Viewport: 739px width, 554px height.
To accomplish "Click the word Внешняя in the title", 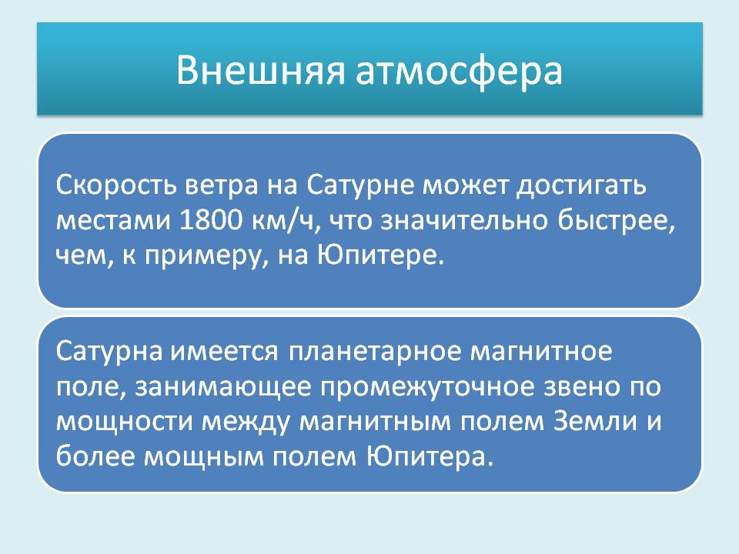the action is pos(261,70).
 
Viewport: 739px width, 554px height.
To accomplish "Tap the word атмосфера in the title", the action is pos(459,71).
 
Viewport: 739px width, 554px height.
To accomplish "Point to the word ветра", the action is pos(221,186).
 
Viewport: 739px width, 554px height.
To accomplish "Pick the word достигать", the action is pos(582,186).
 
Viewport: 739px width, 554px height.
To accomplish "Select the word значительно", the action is pos(463,221).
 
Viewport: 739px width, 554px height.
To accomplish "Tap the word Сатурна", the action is pos(109,351).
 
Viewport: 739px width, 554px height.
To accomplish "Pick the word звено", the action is pos(582,386).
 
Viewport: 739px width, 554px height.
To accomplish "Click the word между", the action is pos(246,422).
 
